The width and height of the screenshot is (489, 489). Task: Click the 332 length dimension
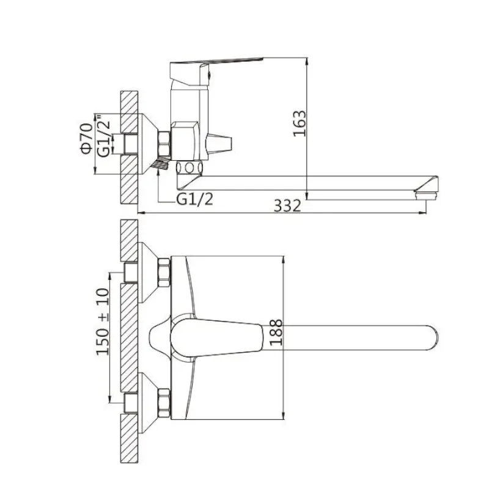coord(287,206)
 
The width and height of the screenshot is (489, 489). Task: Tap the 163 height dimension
coord(300,123)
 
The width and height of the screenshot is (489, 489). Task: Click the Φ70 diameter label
coord(86,137)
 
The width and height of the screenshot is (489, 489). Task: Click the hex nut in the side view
coord(165,144)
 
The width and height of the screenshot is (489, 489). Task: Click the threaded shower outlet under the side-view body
coord(160,164)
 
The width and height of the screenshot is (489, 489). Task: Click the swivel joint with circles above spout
coord(189,168)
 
